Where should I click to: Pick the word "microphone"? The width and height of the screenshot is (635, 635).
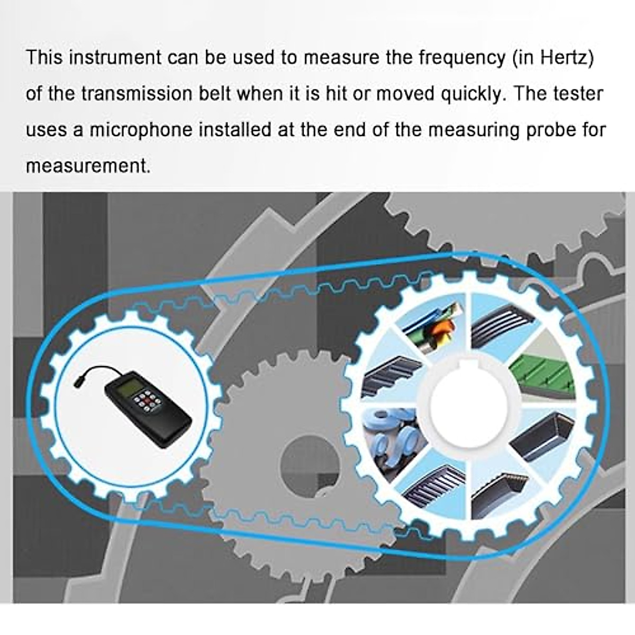(141, 130)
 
